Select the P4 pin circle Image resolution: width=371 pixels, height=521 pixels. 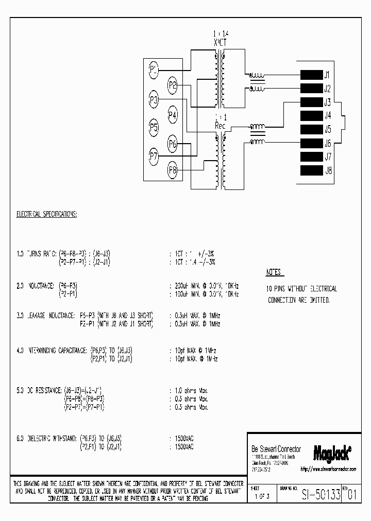pyautogui.click(x=173, y=115)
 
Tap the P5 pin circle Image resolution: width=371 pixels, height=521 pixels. pyautogui.click(x=154, y=126)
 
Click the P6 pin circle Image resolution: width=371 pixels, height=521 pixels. pyautogui.click(x=173, y=145)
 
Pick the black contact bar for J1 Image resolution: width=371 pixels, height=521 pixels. pyautogui.click(x=311, y=75)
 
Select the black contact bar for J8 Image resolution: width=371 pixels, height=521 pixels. pyautogui.click(x=311, y=170)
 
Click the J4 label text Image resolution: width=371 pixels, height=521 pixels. pyautogui.click(x=327, y=116)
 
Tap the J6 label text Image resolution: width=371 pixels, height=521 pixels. pyautogui.click(x=327, y=143)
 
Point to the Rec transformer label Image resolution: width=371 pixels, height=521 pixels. pyautogui.click(x=220, y=125)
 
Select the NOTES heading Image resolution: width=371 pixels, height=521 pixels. pyautogui.click(x=274, y=272)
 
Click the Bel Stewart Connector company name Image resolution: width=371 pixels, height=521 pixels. pyautogui.click(x=276, y=449)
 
